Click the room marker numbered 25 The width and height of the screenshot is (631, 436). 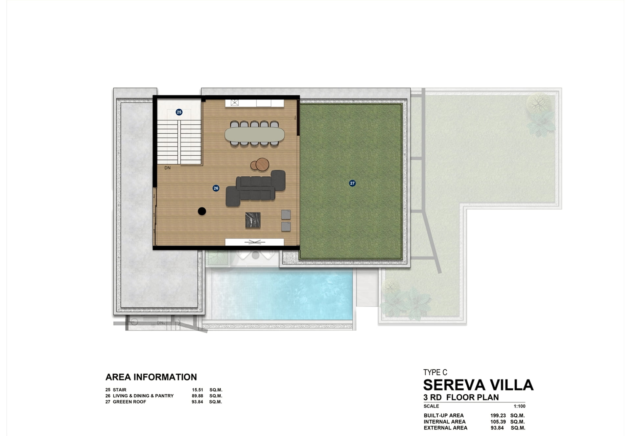tap(179, 112)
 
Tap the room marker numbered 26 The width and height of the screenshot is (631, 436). tap(216, 188)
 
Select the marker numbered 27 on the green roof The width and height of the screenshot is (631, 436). tap(352, 183)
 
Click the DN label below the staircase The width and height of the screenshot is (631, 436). tap(168, 168)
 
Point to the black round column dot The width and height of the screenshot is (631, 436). tap(202, 211)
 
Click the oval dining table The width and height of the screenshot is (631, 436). tap(255, 134)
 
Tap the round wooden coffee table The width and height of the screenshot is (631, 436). tap(262, 164)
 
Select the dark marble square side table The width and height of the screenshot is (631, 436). tap(253, 220)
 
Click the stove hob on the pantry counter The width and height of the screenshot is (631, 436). tap(235, 103)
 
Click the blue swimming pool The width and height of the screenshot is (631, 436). tap(282, 294)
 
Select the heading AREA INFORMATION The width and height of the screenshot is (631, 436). tap(151, 377)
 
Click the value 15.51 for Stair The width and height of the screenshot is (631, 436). tap(198, 390)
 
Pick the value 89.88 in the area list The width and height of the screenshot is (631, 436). tap(198, 396)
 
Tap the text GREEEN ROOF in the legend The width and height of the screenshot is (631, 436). tap(129, 402)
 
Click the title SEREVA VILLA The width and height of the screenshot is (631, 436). tap(478, 385)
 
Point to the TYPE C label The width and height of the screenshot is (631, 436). tap(435, 372)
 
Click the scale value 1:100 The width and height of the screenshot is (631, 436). tap(520, 406)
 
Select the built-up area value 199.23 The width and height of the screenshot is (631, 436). tap(498, 415)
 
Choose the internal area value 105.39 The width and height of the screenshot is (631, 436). tap(498, 422)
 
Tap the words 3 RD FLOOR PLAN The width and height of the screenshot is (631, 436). tap(461, 397)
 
